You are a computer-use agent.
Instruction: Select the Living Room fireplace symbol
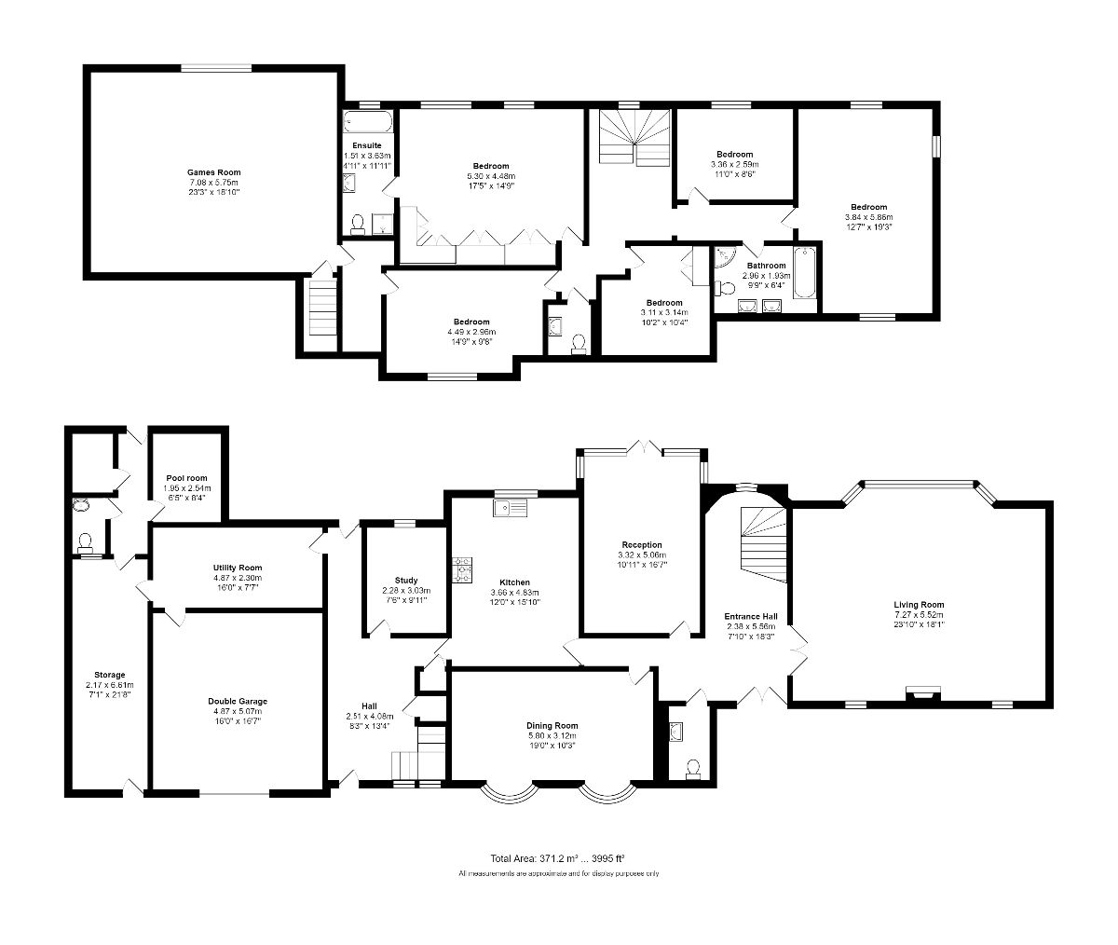pos(923,692)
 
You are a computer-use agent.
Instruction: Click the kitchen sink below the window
pos(511,508)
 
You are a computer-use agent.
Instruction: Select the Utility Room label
pos(238,568)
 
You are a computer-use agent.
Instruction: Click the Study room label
pos(406,580)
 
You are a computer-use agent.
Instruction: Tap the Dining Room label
pos(552,726)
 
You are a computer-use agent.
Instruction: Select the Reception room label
pos(642,545)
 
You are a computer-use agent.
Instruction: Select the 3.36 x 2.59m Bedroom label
pos(734,155)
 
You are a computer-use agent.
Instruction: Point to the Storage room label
pos(109,675)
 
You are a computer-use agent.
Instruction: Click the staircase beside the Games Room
pos(320,308)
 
